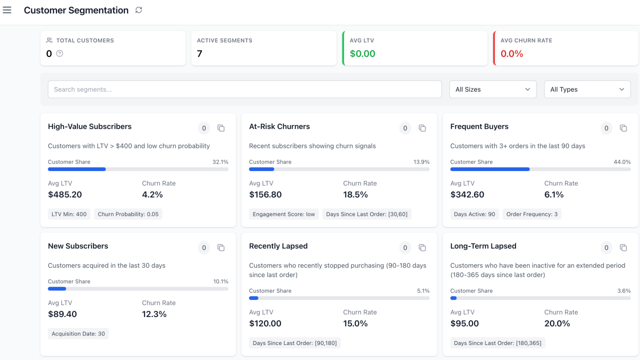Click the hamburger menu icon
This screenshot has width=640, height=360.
[7, 10]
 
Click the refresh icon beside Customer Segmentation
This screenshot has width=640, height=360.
[139, 10]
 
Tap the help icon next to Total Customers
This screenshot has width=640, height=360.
[59, 53]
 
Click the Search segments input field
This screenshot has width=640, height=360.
[244, 89]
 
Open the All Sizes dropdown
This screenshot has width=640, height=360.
[492, 89]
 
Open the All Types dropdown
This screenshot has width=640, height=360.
[587, 89]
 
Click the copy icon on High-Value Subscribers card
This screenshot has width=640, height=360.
[221, 128]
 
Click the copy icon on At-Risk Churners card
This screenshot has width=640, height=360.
[422, 128]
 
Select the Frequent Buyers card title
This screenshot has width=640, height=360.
[479, 126]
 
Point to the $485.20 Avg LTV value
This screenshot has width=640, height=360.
[65, 194]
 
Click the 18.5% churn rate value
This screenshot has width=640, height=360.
[355, 194]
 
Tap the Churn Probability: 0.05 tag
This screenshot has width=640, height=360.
[128, 214]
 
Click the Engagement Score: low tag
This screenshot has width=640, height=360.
[283, 214]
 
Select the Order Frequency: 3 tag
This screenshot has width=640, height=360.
[532, 214]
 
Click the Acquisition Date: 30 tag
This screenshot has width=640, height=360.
[78, 333]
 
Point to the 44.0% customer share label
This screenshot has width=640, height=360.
[622, 162]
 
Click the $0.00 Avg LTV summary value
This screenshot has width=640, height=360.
[362, 53]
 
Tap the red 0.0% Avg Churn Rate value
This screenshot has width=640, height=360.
[511, 53]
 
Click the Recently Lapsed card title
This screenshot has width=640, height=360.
[278, 246]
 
